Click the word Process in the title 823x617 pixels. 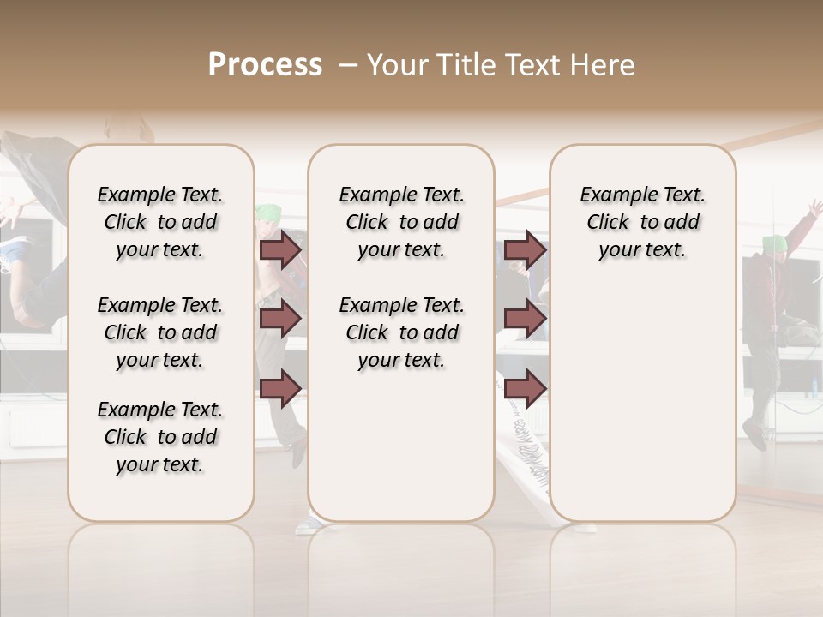[x=265, y=64]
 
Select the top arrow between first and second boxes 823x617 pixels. [x=279, y=250]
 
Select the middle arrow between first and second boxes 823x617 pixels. [x=279, y=319]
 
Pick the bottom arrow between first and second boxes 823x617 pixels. [x=279, y=387]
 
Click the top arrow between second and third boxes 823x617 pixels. [x=525, y=250]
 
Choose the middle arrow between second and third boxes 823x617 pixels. [x=525, y=319]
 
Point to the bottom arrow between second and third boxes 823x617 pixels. [x=525, y=387]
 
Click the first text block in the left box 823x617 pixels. [x=160, y=222]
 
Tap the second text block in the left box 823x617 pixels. [x=160, y=332]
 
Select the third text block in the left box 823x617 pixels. [x=160, y=437]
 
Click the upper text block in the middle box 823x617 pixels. [x=401, y=222]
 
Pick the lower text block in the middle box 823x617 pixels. [x=401, y=332]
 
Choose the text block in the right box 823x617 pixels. [x=642, y=222]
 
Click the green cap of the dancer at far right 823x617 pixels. [x=775, y=243]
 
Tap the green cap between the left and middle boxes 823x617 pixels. [x=269, y=213]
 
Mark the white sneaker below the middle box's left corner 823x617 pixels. [x=309, y=524]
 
